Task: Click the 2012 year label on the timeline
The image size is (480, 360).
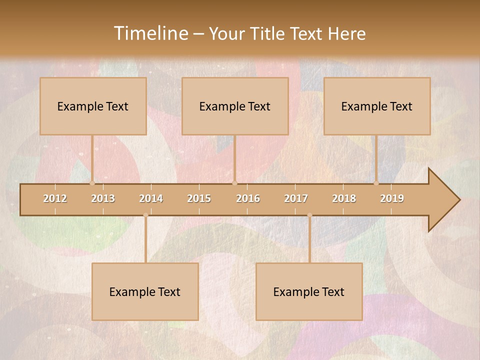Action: [55, 198]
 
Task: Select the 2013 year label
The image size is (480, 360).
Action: [103, 198]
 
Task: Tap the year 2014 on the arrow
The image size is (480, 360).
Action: [151, 198]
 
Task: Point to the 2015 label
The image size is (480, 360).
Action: [199, 198]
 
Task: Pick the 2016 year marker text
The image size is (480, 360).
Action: [248, 198]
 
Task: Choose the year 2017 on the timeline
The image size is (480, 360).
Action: [296, 198]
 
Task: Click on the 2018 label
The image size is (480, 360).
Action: [344, 198]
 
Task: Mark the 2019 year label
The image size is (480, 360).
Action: [392, 198]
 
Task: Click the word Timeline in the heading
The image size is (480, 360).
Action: [150, 33]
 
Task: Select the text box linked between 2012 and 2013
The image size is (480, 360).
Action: [93, 106]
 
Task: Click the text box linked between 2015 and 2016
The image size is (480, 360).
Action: [235, 106]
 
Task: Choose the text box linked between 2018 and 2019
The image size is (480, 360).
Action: [377, 106]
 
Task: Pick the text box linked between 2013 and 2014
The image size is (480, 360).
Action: [145, 291]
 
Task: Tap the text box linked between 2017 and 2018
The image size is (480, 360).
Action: [309, 291]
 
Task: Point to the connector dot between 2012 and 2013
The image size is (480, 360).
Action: [92, 183]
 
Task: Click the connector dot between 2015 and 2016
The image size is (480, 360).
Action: [234, 183]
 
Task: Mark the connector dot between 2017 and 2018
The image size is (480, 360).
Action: [309, 215]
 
